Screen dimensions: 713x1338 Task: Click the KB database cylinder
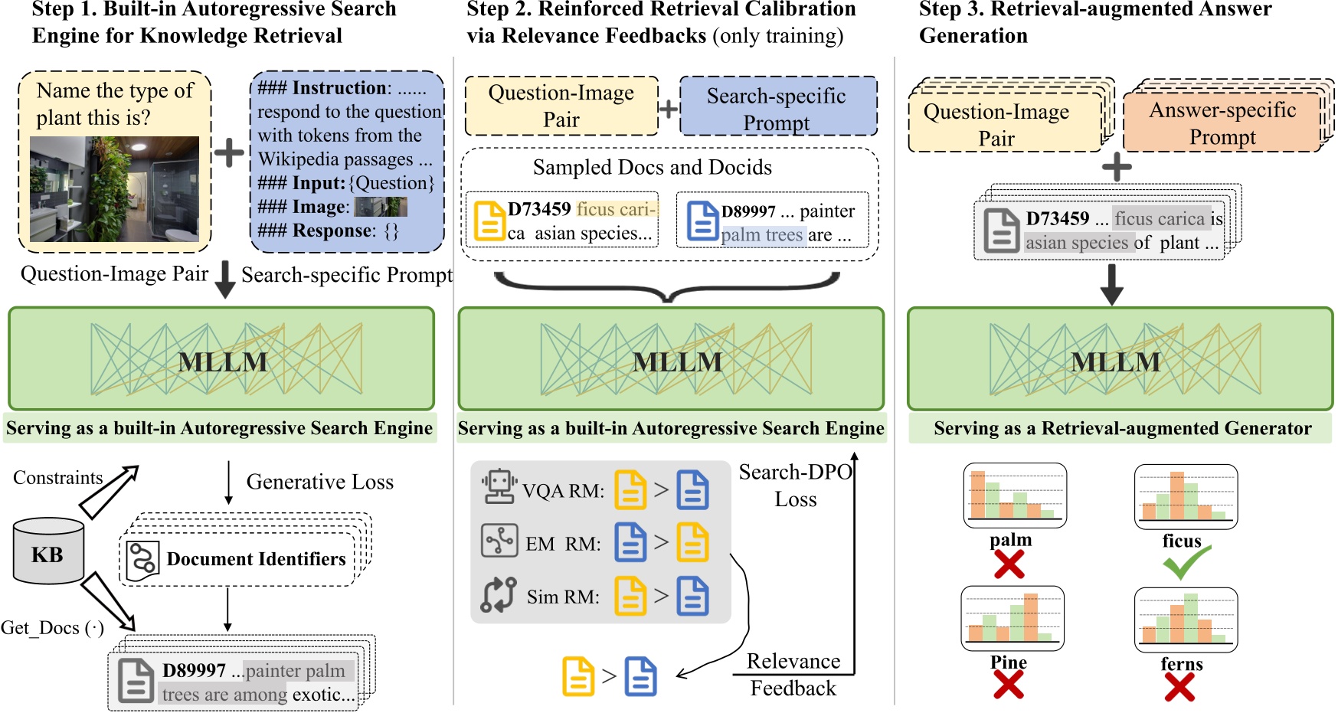pyautogui.click(x=48, y=550)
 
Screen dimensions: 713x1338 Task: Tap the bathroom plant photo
pyautogui.click(x=114, y=189)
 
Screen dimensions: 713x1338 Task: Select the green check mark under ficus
pyautogui.click(x=1186, y=563)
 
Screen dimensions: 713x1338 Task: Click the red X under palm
pyautogui.click(x=1009, y=565)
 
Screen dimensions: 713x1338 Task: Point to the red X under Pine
pyautogui.click(x=1008, y=684)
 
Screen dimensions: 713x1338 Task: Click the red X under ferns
pyautogui.click(x=1179, y=687)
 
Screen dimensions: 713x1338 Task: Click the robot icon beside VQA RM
pyautogui.click(x=499, y=486)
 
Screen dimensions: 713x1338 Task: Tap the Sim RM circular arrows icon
pyautogui.click(x=499, y=595)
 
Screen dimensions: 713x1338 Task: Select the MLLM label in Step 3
pyautogui.click(x=1115, y=361)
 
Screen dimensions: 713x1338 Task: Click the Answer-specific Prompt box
pyautogui.click(x=1222, y=123)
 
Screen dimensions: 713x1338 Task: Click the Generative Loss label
pyautogui.click(x=319, y=482)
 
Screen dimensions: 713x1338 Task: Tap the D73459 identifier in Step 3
pyautogui.click(x=1057, y=219)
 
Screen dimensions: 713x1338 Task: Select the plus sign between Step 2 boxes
pyautogui.click(x=669, y=109)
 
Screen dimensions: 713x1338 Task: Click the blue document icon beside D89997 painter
pyautogui.click(x=702, y=221)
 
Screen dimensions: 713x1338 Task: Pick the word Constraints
pyautogui.click(x=57, y=478)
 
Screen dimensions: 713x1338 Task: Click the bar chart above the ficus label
pyautogui.click(x=1185, y=496)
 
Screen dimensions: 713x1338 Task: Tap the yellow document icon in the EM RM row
pyautogui.click(x=692, y=542)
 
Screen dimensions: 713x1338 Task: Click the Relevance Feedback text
pyautogui.click(x=793, y=675)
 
